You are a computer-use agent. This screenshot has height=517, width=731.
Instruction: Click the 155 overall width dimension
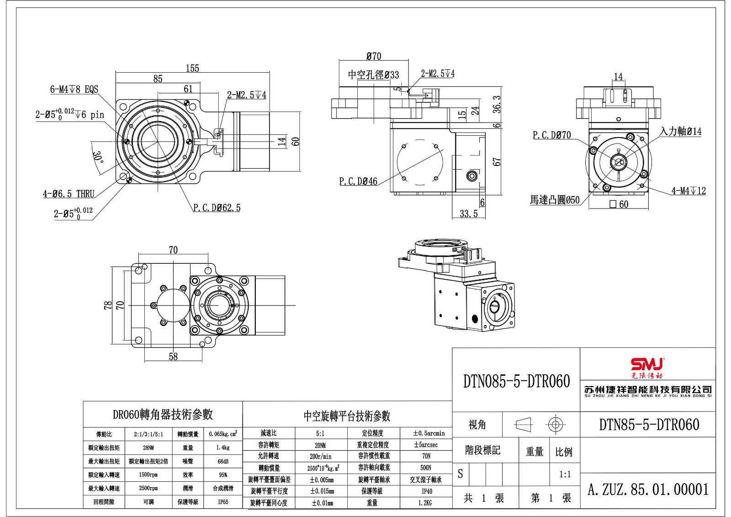tap(192, 68)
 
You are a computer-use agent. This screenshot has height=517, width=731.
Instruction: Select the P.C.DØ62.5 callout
tap(217, 208)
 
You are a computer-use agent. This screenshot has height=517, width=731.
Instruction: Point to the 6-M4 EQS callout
tap(74, 89)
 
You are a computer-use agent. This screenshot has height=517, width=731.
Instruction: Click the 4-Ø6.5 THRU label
tap(69, 194)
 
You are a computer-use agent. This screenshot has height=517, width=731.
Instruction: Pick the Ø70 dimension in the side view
tap(374, 56)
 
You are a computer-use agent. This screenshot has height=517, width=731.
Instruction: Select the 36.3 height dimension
tap(497, 104)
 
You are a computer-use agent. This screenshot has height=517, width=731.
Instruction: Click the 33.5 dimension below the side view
tap(468, 213)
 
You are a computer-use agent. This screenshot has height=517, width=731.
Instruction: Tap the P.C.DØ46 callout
tap(358, 181)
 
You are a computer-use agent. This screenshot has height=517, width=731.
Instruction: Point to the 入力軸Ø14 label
tap(681, 132)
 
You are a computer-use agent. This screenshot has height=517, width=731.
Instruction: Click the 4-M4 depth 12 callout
tap(689, 191)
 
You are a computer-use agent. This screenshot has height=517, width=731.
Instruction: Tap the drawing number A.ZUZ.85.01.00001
tap(648, 490)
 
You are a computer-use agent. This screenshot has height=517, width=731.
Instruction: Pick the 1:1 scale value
tap(565, 474)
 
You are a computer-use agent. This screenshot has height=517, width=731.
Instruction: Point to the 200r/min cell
tap(320, 456)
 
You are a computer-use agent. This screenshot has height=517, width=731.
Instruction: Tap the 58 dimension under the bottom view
tap(173, 357)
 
